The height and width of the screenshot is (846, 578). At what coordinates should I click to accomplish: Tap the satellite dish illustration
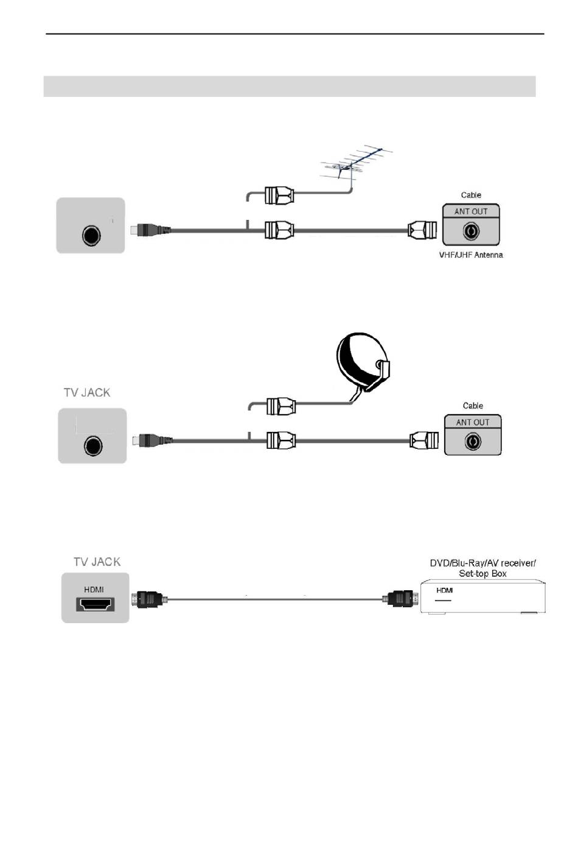[x=363, y=364]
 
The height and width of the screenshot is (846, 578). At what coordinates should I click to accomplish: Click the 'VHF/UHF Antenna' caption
[x=471, y=255]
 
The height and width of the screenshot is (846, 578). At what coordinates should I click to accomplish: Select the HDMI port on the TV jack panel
[x=95, y=604]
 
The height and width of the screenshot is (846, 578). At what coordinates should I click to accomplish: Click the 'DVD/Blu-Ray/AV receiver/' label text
[x=482, y=563]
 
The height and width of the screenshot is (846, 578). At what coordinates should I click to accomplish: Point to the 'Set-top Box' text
[x=482, y=573]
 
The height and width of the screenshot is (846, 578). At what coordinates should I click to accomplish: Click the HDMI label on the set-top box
[x=444, y=590]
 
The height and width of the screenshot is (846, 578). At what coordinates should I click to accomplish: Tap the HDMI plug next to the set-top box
[x=401, y=599]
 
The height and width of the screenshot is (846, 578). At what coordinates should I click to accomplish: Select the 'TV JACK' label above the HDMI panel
[x=97, y=562]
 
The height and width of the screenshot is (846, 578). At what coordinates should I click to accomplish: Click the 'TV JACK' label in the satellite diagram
[x=87, y=393]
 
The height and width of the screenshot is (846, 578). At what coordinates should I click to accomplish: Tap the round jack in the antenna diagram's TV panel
[x=91, y=236]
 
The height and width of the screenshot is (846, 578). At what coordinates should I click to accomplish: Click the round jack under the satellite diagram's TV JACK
[x=93, y=446]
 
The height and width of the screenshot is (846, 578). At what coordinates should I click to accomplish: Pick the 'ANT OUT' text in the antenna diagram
[x=471, y=211]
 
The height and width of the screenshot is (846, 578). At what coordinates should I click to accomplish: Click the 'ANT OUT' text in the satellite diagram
[x=473, y=422]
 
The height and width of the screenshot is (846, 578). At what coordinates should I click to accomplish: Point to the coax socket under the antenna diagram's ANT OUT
[x=471, y=231]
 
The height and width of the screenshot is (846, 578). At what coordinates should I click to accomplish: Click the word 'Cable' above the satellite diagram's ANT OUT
[x=473, y=406]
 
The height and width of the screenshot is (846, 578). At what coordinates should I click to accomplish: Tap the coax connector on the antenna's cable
[x=279, y=196]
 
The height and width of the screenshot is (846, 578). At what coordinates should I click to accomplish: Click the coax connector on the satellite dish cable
[x=281, y=406]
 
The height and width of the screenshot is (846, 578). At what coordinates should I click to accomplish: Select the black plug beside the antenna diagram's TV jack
[x=150, y=230]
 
